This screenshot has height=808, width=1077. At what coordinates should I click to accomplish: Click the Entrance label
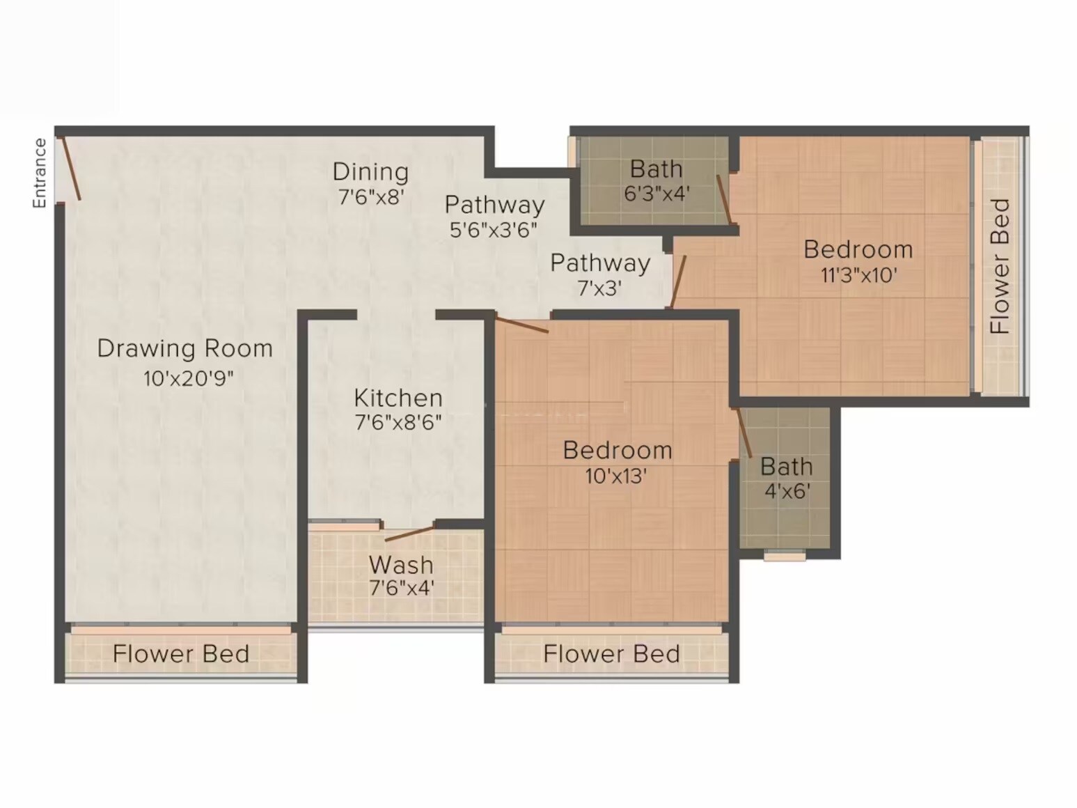(x=40, y=173)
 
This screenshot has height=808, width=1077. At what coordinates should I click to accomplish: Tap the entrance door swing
(x=71, y=168)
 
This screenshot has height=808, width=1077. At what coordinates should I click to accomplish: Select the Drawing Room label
(x=184, y=348)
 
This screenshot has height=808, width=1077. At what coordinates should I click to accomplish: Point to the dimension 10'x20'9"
(x=188, y=379)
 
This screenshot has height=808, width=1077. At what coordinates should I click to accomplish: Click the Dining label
(x=370, y=171)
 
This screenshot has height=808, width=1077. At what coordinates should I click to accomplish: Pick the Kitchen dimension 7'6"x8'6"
(x=398, y=422)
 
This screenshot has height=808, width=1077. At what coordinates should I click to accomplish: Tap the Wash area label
(x=401, y=564)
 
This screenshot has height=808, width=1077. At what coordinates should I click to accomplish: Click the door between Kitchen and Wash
(x=410, y=534)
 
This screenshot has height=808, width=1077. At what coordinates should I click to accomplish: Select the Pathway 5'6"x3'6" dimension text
(x=493, y=230)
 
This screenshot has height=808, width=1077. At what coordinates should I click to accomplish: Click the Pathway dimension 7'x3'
(x=599, y=288)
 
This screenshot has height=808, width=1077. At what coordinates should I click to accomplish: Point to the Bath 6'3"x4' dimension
(x=656, y=193)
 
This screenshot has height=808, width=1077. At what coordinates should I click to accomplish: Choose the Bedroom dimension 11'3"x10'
(x=858, y=275)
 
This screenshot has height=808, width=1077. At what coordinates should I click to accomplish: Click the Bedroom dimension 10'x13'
(x=617, y=476)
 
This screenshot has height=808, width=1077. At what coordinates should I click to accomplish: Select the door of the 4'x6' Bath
(x=744, y=432)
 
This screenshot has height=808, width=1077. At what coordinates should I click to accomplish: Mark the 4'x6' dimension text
(x=787, y=491)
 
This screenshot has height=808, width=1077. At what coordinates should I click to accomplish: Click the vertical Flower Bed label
(x=1000, y=266)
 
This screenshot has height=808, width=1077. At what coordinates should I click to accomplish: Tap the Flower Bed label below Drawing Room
(x=181, y=654)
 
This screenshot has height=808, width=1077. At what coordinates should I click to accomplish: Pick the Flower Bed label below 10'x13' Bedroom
(x=611, y=654)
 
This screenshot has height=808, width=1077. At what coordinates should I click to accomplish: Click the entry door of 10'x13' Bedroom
(x=521, y=325)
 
